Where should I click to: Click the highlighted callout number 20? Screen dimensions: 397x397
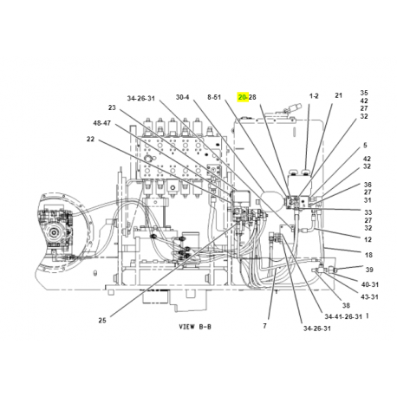tap(242, 97)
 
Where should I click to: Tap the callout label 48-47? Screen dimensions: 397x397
tap(101, 123)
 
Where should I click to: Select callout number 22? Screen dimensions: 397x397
tap(90, 139)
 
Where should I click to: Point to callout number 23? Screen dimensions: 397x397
tap(112, 107)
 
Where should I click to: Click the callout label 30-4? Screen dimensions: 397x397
tap(182, 97)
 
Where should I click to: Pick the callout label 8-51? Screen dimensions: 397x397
tap(214, 97)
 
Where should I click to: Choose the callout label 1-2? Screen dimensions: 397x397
tap(314, 96)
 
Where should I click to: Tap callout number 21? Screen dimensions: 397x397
tap(338, 95)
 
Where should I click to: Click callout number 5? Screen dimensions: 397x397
tap(365, 145)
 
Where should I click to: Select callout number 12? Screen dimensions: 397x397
tap(368, 239)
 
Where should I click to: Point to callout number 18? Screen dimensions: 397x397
tap(368, 255)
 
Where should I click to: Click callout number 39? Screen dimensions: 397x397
tap(369, 270)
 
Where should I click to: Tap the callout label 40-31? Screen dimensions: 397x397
tap(370, 284)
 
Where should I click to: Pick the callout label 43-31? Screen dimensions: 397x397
tap(369, 296)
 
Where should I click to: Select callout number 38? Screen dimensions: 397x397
tap(346, 305)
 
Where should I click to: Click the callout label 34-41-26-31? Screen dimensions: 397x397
tap(343, 316)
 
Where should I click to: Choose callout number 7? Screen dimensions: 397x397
tap(264, 326)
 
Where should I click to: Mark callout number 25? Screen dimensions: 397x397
tap(102, 320)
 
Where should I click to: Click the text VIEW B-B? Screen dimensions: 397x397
tap(195, 327)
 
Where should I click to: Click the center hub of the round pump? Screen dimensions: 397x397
tap(54, 232)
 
